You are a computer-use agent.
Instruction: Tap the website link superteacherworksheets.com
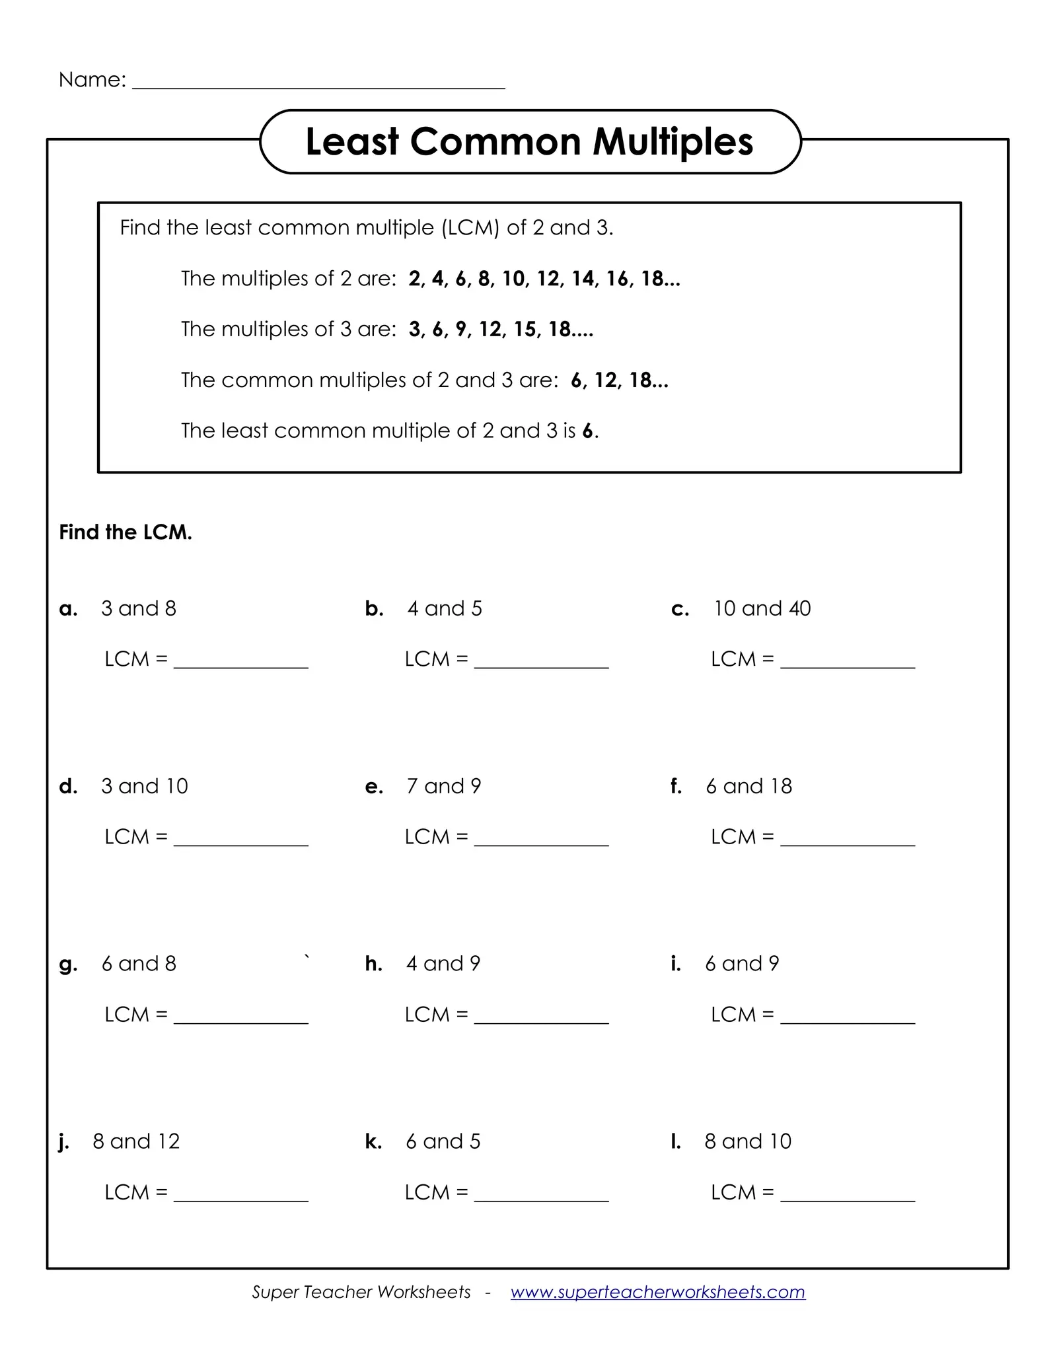pos(657,1292)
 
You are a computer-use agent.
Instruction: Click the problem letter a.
pos(68,609)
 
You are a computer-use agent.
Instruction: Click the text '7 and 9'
pos(443,786)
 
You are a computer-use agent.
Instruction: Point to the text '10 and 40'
pos(762,608)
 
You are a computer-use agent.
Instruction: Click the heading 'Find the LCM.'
pos(126,532)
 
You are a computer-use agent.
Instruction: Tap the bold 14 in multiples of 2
pos(583,279)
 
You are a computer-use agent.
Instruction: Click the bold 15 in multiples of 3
pos(525,330)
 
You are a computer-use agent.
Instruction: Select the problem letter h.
pos(374,964)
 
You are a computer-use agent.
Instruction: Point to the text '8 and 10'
pos(747,1141)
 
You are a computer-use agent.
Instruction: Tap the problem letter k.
pos(373,1141)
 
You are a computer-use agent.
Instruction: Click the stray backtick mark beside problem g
pos(307,956)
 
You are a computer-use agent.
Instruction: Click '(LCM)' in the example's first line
pos(470,228)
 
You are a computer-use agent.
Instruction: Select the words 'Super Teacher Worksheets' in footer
pos(361,1292)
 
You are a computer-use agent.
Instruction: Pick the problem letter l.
pos(675,1141)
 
